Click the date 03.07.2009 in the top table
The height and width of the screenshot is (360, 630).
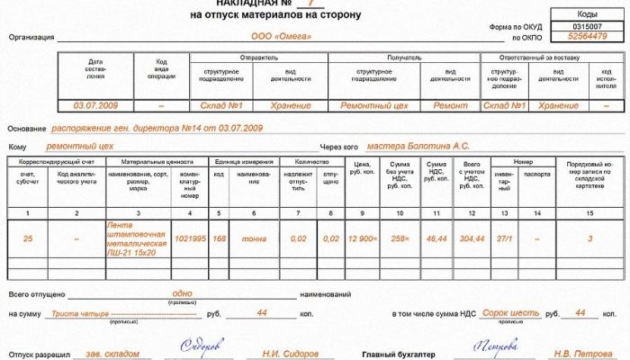tap(96, 105)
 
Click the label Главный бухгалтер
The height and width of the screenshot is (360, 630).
tap(393, 355)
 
